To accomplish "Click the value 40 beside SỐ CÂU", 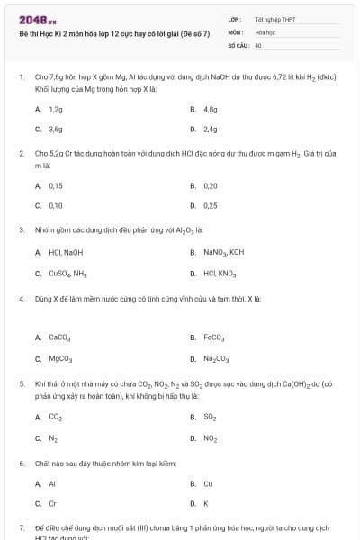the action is tap(258, 44).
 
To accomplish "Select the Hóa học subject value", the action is tap(264, 31).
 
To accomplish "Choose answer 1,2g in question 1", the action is tap(55, 109).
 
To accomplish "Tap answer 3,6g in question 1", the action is tap(55, 129).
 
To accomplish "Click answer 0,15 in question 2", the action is tap(55, 185).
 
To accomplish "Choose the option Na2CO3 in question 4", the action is tap(217, 358).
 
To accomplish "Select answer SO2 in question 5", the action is tap(211, 417).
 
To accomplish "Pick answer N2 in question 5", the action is tap(53, 438).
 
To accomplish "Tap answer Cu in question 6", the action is tap(208, 483).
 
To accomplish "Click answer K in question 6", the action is tap(206, 503).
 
